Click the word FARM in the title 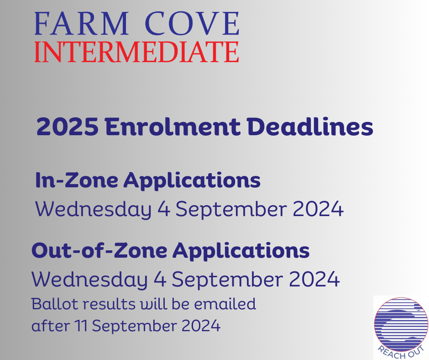[x=82, y=24]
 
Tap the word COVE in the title [x=192, y=24]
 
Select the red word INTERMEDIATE [x=137, y=52]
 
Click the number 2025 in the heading [x=68, y=127]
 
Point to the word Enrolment [x=173, y=127]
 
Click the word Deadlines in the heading [x=310, y=127]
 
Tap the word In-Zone [x=77, y=180]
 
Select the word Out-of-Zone [x=99, y=250]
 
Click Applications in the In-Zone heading [x=192, y=181]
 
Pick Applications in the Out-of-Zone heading [x=241, y=251]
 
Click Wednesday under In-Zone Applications [x=93, y=210]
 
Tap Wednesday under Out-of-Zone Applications [x=89, y=280]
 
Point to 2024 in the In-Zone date [x=318, y=209]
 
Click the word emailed [x=225, y=304]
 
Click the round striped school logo [x=401, y=328]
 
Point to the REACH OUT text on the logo [x=401, y=352]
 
